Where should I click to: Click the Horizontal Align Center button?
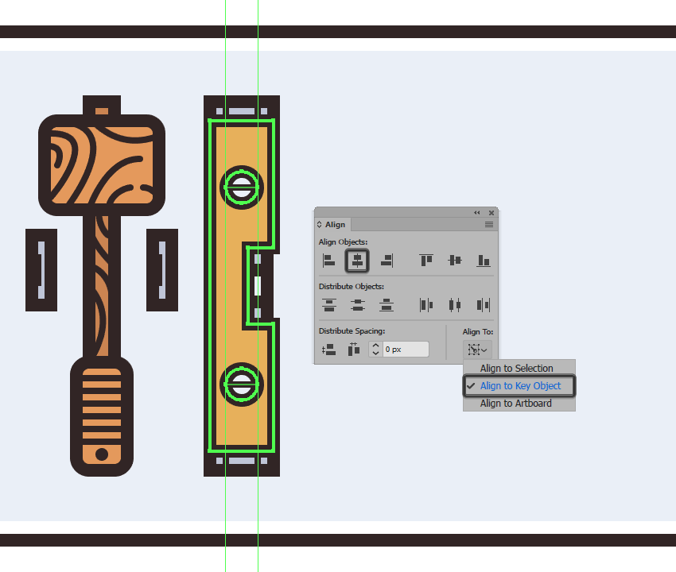(357, 260)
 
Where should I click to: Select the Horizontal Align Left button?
(328, 260)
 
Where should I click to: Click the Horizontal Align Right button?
(387, 260)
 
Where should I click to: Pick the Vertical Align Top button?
(426, 260)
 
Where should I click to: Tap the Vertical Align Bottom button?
(484, 260)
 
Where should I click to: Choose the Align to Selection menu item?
(516, 369)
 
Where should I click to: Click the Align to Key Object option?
(519, 386)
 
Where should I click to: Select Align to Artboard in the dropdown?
(515, 403)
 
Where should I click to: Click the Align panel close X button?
(491, 213)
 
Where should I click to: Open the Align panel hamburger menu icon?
(489, 224)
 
